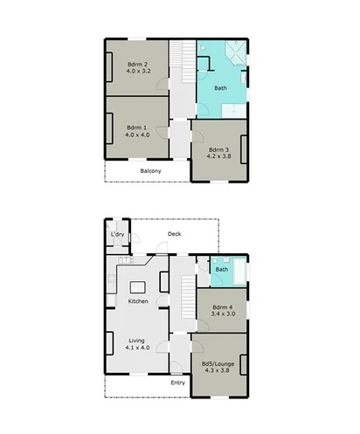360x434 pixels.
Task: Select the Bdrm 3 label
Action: click(219, 150)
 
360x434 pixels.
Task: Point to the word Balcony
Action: click(150, 171)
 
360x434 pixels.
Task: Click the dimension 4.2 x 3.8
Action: click(220, 158)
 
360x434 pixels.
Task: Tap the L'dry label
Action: click(114, 236)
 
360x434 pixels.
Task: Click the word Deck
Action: click(174, 233)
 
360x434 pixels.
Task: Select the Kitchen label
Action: click(138, 301)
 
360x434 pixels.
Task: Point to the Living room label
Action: click(138, 341)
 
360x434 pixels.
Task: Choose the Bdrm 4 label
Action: click(222, 307)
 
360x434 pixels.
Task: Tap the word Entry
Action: click(177, 382)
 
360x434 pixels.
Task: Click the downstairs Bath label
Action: click(222, 269)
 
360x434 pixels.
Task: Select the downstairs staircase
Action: click(185, 297)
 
